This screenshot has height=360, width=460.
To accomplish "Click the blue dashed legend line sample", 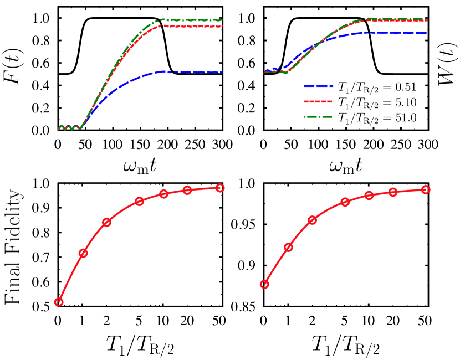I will [318, 86].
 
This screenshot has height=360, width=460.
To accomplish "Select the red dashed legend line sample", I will [318, 102].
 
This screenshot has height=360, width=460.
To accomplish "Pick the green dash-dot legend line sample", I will [318, 117].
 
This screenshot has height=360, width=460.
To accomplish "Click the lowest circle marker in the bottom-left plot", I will [59, 302].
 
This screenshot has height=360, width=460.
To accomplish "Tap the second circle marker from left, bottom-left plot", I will [83, 253].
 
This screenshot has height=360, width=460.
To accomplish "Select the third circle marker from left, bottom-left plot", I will [106, 222].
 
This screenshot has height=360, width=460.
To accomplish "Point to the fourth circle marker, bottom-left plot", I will [139, 201].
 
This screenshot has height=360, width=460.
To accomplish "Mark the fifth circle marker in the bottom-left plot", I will [163, 194].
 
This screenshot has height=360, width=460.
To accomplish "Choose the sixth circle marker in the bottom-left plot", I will [187, 190].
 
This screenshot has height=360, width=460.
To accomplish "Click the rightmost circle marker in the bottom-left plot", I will [220, 188].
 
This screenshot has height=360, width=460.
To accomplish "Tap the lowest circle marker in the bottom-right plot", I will [264, 284].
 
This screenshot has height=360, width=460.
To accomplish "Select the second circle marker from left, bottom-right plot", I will [288, 247].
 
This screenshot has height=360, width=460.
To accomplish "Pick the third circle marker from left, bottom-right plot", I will [313, 220].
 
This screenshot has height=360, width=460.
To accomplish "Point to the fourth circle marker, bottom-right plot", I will [345, 202].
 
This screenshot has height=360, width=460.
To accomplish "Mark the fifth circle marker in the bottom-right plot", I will [369, 196].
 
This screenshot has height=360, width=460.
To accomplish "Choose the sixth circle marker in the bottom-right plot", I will [393, 192].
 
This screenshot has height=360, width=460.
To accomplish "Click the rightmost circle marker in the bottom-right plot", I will [426, 189].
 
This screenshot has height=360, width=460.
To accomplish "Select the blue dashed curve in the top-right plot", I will [388, 33].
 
